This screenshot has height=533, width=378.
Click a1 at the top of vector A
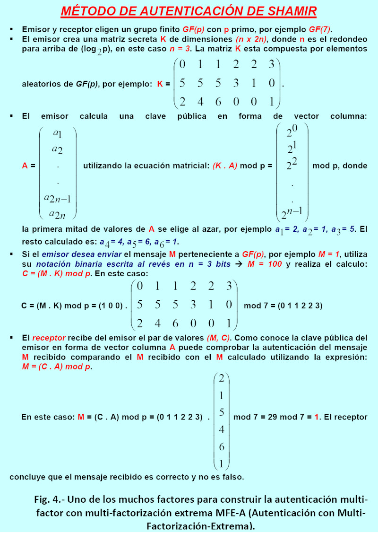[x=58, y=134]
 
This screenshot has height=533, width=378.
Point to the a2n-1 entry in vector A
[x=58, y=198]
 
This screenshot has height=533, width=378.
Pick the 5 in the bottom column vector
[x=222, y=412]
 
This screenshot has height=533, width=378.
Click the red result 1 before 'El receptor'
[x=317, y=418]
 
